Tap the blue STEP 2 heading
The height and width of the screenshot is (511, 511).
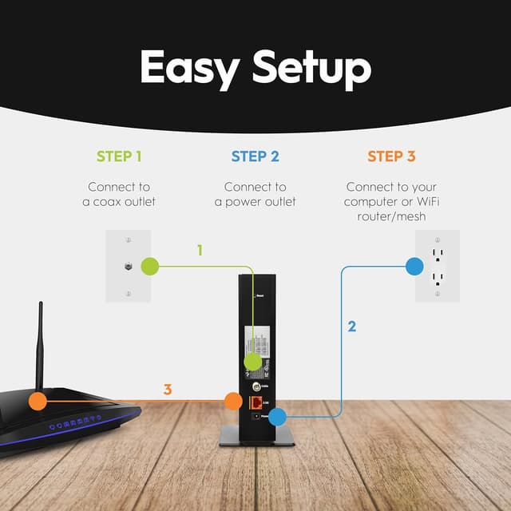(x=255, y=156)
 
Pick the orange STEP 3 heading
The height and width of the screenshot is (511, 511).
(x=391, y=156)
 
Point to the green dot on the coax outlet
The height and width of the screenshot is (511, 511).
(x=149, y=266)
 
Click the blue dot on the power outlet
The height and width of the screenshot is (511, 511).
(x=414, y=267)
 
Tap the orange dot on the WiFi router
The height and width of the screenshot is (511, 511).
(x=37, y=401)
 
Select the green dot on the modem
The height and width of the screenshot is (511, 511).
(x=252, y=362)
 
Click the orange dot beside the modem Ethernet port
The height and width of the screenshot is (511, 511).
(x=232, y=401)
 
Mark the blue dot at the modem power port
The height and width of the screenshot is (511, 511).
(x=277, y=416)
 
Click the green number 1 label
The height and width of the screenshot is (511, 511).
(x=200, y=250)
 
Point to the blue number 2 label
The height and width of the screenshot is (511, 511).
(x=351, y=326)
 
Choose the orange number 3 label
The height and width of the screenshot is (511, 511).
(x=168, y=390)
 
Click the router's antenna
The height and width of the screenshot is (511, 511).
(x=40, y=343)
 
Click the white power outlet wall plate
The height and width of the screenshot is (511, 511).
(x=438, y=266)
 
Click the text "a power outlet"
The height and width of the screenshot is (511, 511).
(x=255, y=201)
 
